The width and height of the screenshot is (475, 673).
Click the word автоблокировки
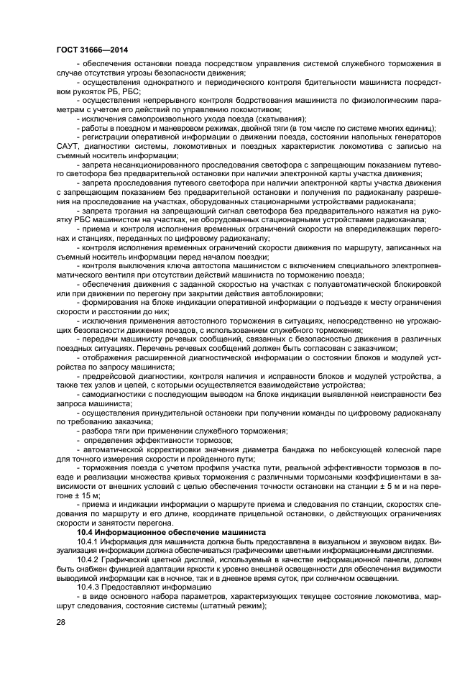[x=289, y=293]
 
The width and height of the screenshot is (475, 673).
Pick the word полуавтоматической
[x=346, y=284]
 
